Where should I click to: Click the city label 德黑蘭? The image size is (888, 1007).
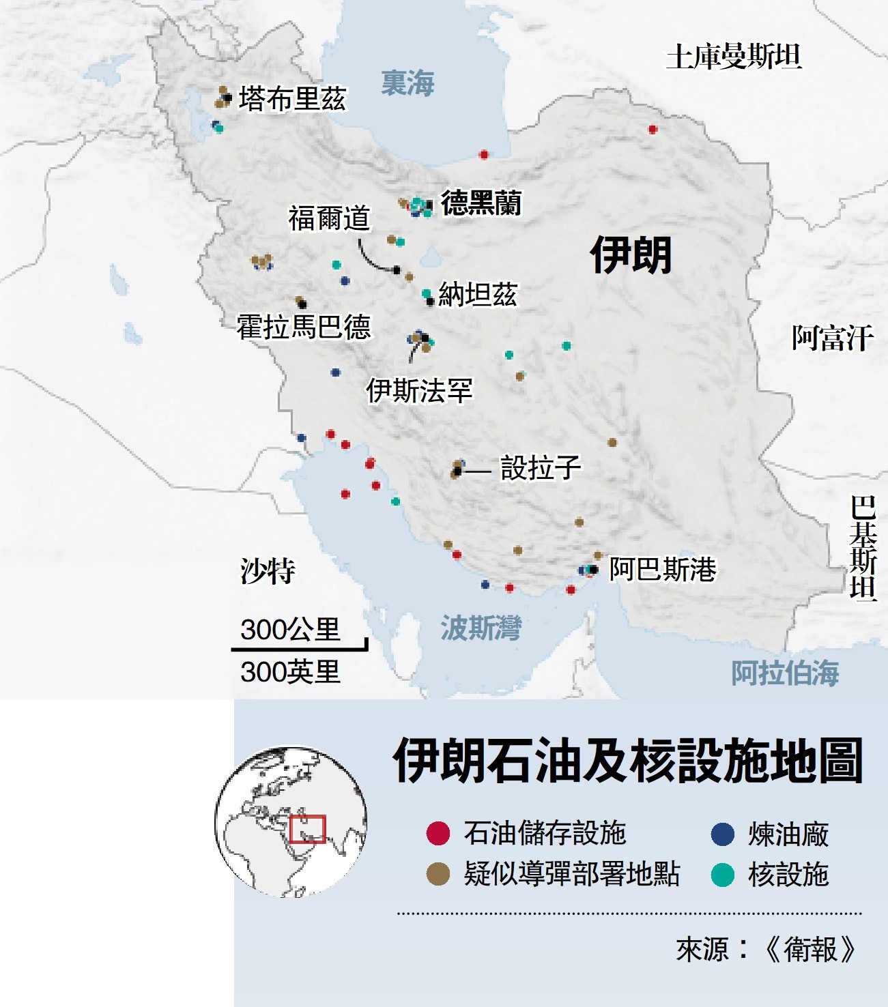point(481,203)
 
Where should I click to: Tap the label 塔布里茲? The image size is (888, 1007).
point(292,99)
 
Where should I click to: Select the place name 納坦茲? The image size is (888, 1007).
point(477,295)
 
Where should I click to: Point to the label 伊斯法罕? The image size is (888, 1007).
point(419,391)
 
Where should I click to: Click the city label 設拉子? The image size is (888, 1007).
point(541,468)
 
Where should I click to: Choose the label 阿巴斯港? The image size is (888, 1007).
point(662,569)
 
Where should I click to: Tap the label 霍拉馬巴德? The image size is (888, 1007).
point(304,327)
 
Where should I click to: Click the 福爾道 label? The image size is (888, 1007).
point(329,218)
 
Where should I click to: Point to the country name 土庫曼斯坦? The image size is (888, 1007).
point(734,56)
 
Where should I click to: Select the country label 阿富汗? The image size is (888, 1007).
point(833,338)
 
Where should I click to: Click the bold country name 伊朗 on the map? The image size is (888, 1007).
point(631,255)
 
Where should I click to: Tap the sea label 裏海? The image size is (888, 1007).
point(407,83)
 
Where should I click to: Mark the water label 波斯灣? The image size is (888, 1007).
point(481,628)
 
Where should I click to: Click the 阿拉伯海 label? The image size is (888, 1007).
point(785,673)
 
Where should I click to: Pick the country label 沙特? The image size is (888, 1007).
point(268,571)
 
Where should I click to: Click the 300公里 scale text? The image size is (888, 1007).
point(290,629)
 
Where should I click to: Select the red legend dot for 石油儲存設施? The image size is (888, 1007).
point(438,834)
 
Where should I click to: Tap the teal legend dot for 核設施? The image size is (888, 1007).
point(722,875)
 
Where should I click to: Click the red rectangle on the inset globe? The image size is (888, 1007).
point(307,829)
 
